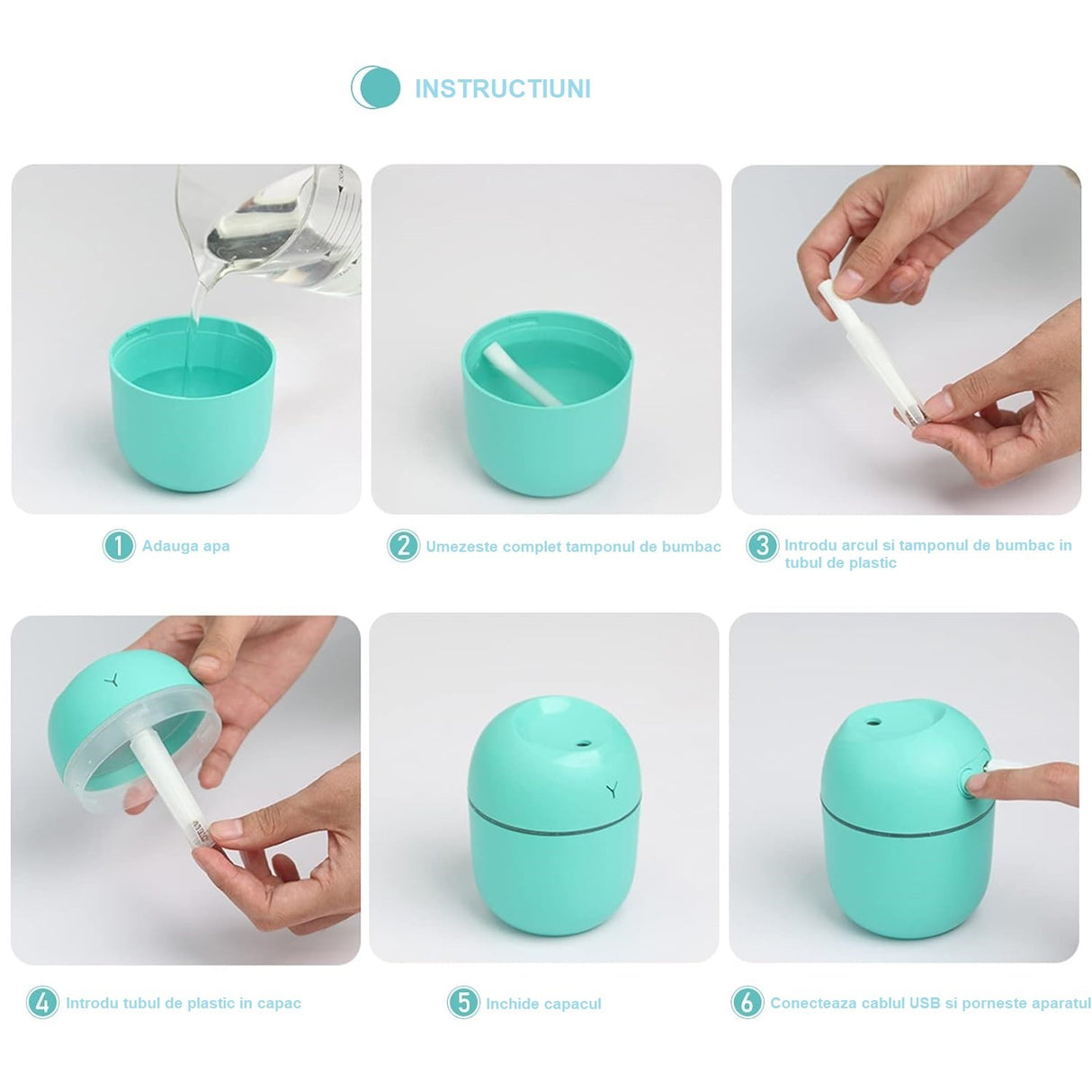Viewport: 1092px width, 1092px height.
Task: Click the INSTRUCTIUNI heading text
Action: click(x=502, y=89)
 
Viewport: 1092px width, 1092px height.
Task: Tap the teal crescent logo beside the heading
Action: click(x=375, y=87)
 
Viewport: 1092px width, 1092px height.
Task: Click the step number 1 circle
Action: click(x=119, y=546)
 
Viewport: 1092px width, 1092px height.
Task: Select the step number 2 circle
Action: click(x=403, y=546)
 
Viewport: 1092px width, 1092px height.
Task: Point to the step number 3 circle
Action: click(x=762, y=546)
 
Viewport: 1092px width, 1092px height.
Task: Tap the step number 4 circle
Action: click(x=42, y=1003)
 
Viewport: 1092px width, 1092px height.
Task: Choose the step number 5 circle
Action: click(x=463, y=1003)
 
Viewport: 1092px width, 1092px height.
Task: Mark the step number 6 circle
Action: click(x=747, y=1003)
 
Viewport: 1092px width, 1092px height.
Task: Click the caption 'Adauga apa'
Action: click(x=185, y=546)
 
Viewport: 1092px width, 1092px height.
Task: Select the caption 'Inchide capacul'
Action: click(x=543, y=1004)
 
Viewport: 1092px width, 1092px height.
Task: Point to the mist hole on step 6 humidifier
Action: click(x=872, y=721)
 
